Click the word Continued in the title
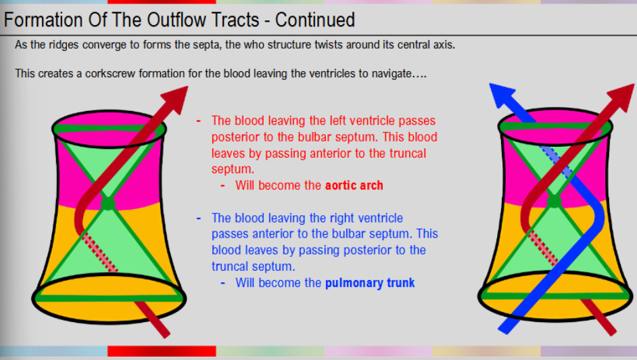point(315,20)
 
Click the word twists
point(302,45)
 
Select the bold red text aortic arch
point(354,185)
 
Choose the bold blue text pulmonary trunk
point(370,283)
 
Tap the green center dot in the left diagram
point(108,202)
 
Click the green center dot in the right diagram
point(555,200)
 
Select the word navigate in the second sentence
point(390,73)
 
